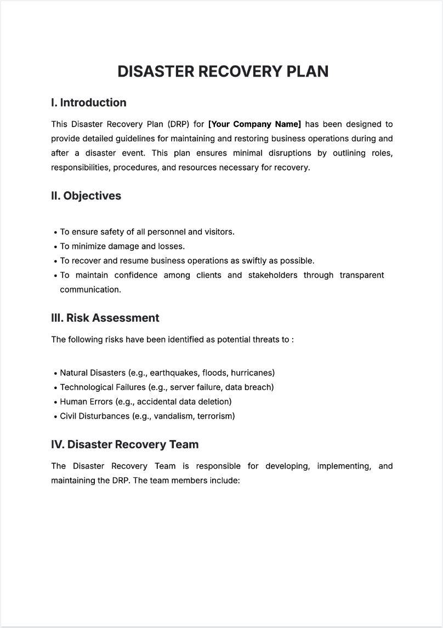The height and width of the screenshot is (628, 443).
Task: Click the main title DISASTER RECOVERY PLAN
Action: tap(223, 71)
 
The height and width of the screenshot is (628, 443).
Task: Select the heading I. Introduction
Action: tap(88, 102)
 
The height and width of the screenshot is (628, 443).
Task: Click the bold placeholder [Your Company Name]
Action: tap(254, 124)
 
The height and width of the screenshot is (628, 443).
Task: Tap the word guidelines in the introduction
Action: tap(135, 139)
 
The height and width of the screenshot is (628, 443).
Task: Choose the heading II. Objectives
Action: tap(86, 196)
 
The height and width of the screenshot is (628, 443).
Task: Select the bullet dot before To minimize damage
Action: tap(55, 247)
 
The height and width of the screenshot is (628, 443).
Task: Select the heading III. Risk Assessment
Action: tap(105, 318)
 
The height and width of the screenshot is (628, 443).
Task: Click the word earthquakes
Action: tap(175, 373)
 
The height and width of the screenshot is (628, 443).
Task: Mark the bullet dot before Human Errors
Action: tap(55, 402)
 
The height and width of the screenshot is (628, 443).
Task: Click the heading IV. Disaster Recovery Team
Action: tap(124, 444)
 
